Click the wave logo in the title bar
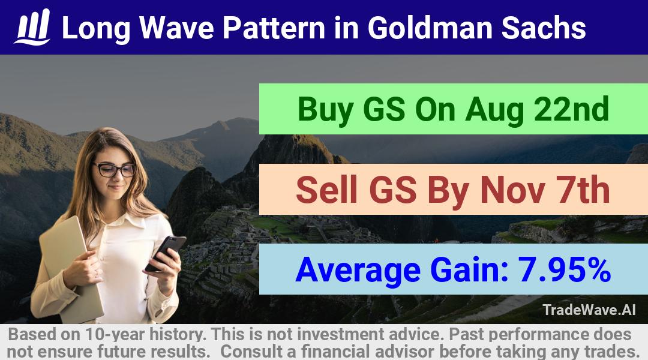32,27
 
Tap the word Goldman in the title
430,28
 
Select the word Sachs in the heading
544,28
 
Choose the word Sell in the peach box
326,190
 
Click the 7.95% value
564,269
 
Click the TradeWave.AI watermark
589,310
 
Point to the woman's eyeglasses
115,169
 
